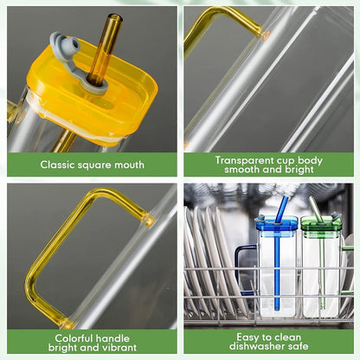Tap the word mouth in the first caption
(x=128, y=164)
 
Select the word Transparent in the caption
(x=235, y=159)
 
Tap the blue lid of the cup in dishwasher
(x=276, y=224)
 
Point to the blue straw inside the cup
(x=277, y=268)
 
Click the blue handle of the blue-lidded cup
(x=242, y=268)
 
